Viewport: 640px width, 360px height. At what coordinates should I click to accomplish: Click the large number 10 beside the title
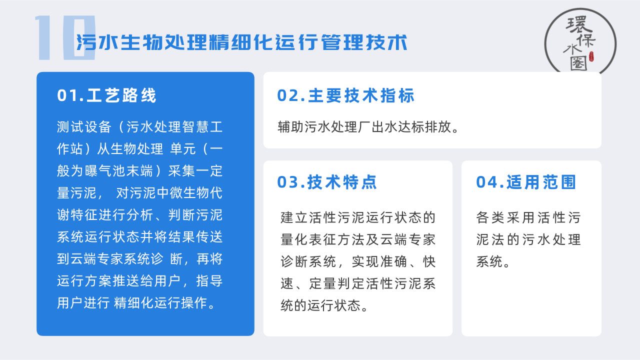tap(65, 37)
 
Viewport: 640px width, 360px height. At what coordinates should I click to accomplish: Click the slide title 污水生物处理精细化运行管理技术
tap(241, 42)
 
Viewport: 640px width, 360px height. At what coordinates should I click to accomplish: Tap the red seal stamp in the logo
tap(591, 56)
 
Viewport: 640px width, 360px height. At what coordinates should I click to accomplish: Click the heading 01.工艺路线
tap(106, 95)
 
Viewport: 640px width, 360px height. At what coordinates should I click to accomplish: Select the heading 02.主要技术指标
tap(345, 95)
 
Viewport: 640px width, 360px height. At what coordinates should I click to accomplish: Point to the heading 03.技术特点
tap(327, 182)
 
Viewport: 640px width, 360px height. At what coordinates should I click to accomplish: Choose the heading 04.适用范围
tap(525, 182)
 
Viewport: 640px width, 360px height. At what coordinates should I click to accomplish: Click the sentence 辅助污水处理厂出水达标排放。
tap(368, 127)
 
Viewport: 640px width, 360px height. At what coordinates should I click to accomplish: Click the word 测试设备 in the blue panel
tap(84, 127)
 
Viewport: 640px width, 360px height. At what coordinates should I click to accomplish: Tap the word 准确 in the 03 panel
tap(393, 261)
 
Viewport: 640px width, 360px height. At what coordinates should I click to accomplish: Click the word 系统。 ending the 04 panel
tap(493, 261)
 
